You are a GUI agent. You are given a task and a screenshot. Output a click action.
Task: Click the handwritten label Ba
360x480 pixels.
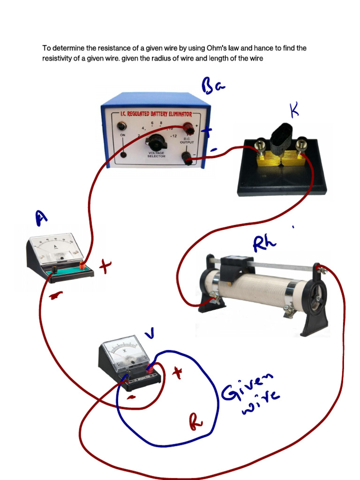coord(213,87)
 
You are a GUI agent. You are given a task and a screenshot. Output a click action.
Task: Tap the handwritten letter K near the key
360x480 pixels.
coord(294,110)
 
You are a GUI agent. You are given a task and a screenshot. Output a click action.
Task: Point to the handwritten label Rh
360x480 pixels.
coord(265,242)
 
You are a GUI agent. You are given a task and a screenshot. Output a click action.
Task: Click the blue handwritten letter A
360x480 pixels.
coord(42,217)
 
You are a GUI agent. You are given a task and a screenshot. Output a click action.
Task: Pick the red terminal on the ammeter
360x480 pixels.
coord(83,266)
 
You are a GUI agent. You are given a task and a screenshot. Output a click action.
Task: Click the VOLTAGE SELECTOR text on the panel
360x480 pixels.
coord(157,154)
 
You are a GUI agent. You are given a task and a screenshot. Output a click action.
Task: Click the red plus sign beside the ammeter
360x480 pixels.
coord(105,267)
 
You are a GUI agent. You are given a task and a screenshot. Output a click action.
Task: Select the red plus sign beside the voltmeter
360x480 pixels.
coord(177,373)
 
